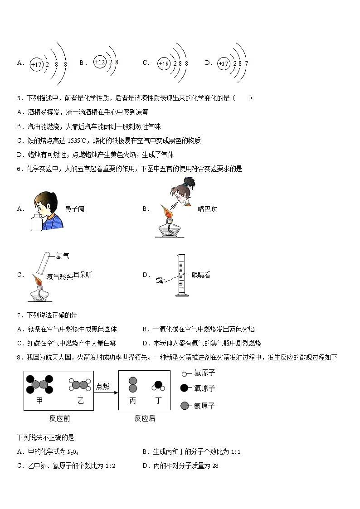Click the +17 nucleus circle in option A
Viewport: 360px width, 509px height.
click(36, 64)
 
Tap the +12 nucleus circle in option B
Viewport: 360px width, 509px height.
click(100, 62)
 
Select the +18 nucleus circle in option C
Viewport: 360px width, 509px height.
click(164, 64)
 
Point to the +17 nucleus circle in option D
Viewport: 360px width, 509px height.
click(224, 64)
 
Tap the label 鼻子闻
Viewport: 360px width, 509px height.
click(74, 209)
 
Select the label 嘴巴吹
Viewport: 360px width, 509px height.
click(207, 209)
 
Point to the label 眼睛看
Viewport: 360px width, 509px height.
click(201, 275)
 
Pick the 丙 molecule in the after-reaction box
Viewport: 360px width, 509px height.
click(133, 385)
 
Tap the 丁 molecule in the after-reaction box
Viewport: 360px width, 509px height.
click(158, 386)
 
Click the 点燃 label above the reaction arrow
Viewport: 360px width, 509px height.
click(103, 386)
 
